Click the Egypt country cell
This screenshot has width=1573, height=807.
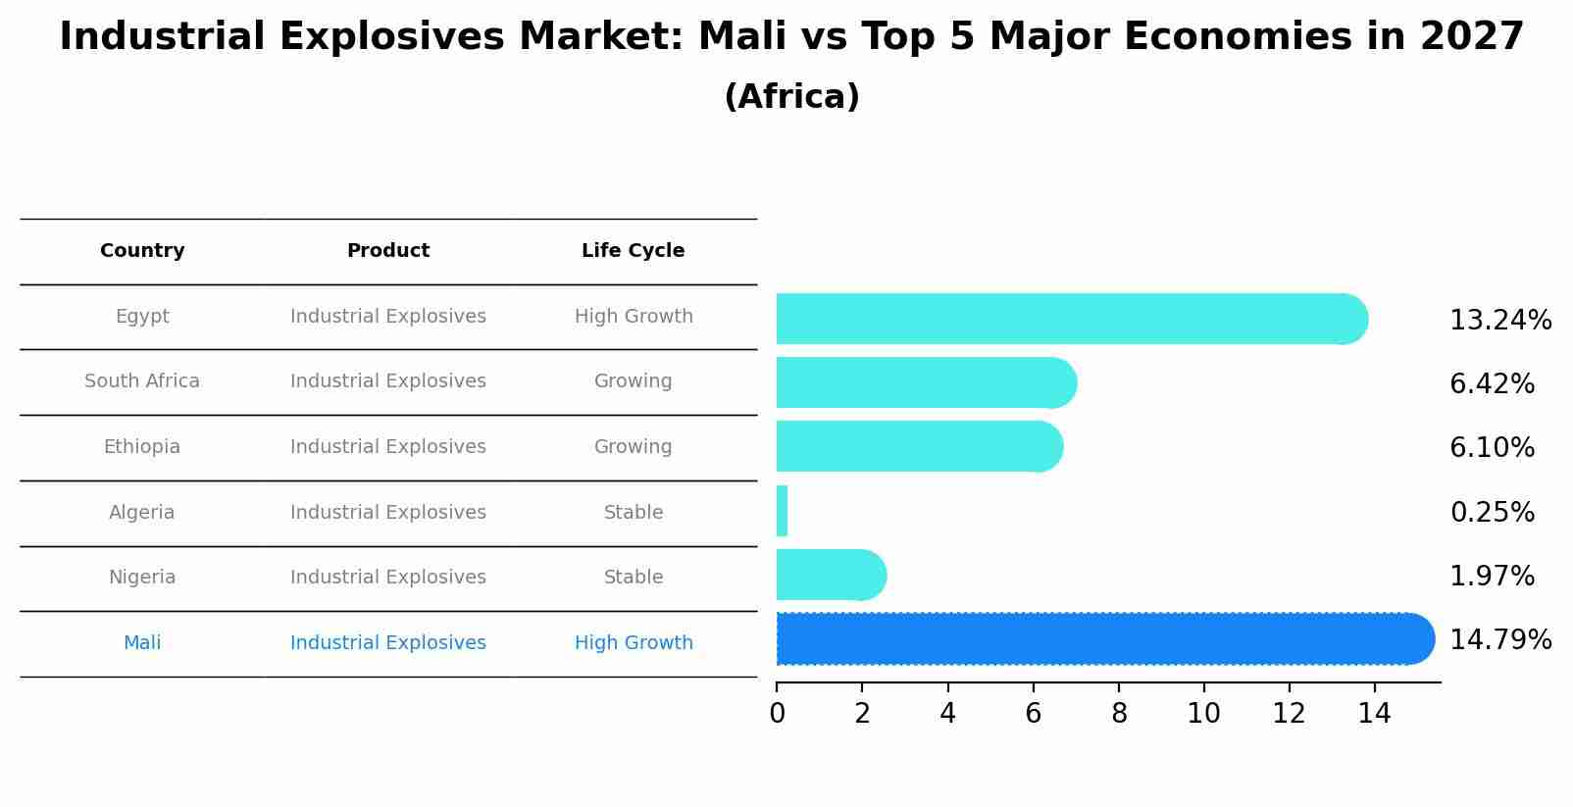point(142,317)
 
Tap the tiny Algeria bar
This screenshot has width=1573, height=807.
point(782,511)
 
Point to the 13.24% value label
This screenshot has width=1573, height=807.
point(1499,321)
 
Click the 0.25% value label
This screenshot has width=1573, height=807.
point(1491,512)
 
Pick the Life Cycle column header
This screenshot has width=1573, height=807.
point(633,251)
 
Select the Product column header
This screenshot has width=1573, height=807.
point(387,251)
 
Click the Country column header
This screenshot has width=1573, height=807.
point(142,251)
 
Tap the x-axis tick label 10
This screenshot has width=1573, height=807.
point(1203,714)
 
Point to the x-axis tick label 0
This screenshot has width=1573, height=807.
point(777,714)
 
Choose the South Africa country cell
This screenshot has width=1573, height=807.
point(142,381)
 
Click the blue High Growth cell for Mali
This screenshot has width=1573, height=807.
point(633,643)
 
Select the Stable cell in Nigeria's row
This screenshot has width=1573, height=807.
point(633,578)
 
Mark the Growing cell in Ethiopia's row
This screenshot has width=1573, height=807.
point(633,447)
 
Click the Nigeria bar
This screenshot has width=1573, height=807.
point(830,575)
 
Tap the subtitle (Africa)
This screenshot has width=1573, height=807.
point(791,97)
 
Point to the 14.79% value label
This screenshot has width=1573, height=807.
point(1499,640)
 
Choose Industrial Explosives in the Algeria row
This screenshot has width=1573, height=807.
point(387,513)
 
